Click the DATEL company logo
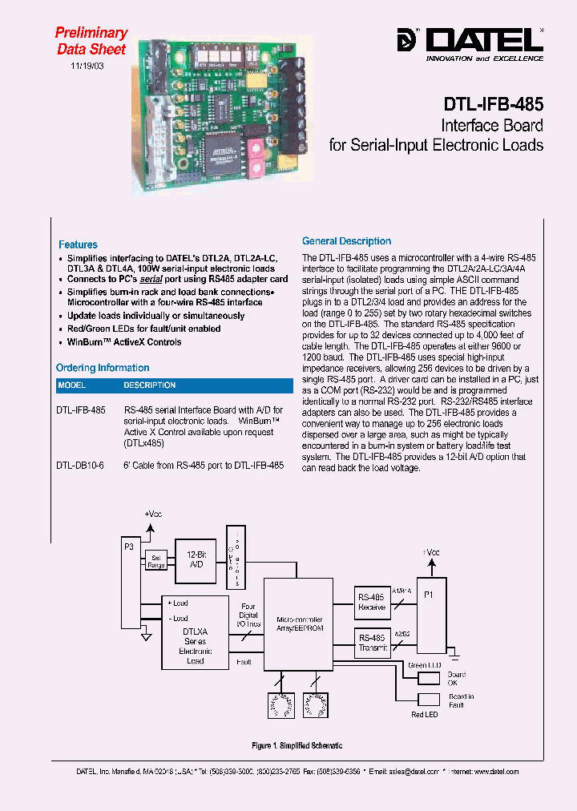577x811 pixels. click(x=470, y=40)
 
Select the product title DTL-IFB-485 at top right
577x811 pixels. click(x=493, y=104)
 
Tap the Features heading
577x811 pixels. click(x=78, y=244)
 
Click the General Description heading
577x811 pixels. click(x=346, y=241)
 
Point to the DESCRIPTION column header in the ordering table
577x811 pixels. click(x=149, y=385)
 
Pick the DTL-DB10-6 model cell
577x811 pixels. click(x=80, y=466)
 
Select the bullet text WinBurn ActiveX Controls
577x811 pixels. click(x=124, y=342)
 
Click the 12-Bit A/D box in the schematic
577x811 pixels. click(x=196, y=559)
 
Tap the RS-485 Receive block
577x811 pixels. click(x=372, y=602)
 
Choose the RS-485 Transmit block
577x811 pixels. click(x=372, y=642)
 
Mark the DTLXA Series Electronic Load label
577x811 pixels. click(x=195, y=646)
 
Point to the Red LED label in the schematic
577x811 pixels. click(x=424, y=714)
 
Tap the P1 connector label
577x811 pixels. click(x=428, y=595)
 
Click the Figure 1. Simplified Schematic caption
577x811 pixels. click(x=297, y=745)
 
